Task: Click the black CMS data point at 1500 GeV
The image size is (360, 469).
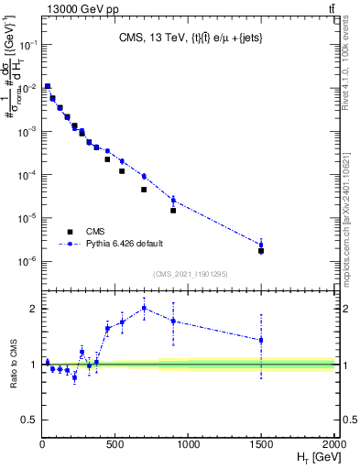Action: point(261,250)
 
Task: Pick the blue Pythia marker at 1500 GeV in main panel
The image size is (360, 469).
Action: point(261,245)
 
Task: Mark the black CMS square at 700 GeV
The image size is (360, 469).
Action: point(144,190)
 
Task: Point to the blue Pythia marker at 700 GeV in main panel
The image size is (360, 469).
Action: point(144,176)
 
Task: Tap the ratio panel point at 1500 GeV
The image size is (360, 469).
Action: point(261,340)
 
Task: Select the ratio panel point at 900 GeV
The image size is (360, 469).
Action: point(173,321)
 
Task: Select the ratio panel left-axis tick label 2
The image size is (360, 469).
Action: point(33,309)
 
